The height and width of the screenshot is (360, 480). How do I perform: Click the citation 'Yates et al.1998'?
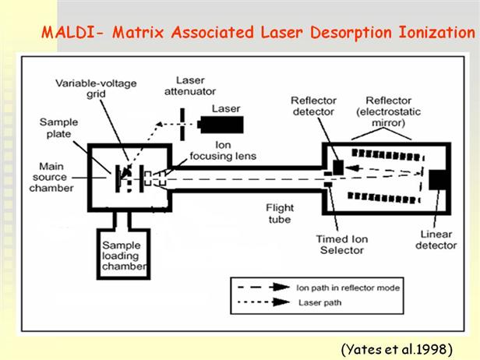pyautogui.click(x=401, y=344)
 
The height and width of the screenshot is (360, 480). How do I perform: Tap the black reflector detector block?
pyautogui.click(x=338, y=167)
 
